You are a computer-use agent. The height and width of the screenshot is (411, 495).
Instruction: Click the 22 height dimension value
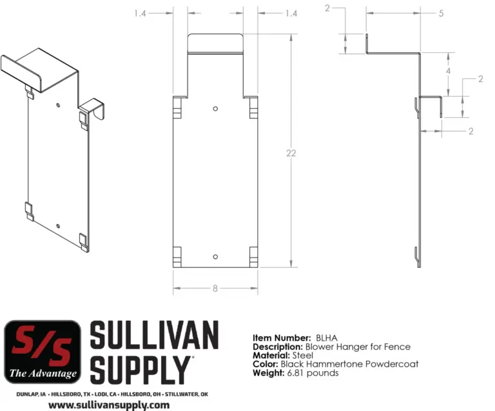[291, 153]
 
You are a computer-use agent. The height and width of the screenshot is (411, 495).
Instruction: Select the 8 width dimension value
[215, 289]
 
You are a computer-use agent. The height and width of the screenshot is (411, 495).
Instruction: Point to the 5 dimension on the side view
[441, 13]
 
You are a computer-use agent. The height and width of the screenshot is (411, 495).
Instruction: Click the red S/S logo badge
[43, 351]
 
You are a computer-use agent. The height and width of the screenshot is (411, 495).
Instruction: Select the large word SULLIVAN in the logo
[154, 335]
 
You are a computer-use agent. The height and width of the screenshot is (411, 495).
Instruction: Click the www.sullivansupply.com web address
[109, 405]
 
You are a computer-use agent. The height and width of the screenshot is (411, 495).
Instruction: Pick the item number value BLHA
[327, 338]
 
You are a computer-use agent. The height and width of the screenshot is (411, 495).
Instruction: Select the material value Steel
[302, 355]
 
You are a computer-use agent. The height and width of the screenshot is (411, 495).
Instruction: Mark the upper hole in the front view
[216, 108]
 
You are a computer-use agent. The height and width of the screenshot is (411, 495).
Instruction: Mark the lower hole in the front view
[216, 256]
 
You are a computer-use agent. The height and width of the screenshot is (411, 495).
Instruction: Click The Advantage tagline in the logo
[43, 373]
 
